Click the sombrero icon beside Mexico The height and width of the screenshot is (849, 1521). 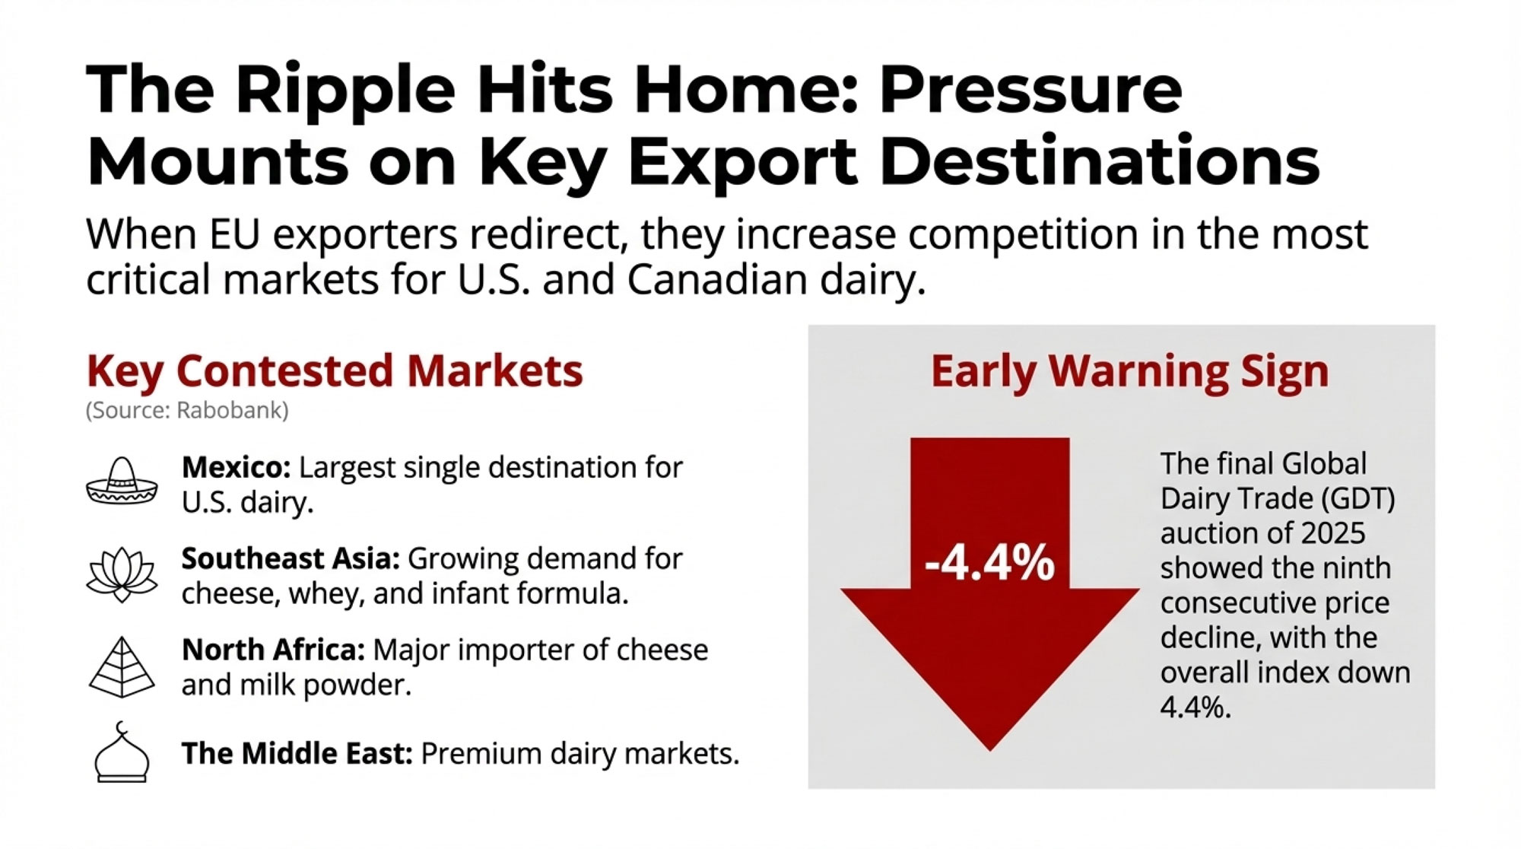pyautogui.click(x=122, y=482)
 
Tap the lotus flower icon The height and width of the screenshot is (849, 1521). pyautogui.click(x=122, y=574)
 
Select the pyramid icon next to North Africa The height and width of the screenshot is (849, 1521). pyautogui.click(x=122, y=667)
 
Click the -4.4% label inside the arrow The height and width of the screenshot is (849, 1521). pyautogui.click(x=989, y=564)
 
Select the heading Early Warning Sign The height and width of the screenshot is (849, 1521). pyautogui.click(x=1129, y=371)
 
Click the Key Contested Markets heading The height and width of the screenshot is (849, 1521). pyautogui.click(x=335, y=371)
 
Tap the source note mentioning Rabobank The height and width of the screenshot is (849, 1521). pyautogui.click(x=187, y=411)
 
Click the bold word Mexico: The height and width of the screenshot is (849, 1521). pyautogui.click(x=236, y=467)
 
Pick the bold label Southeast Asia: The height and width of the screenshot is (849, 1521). pyautogui.click(x=291, y=559)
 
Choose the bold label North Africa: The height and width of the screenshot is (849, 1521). pyautogui.click(x=273, y=650)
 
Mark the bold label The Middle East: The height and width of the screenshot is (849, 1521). pyautogui.click(x=297, y=754)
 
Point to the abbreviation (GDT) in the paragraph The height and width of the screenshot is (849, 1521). pyautogui.click(x=1358, y=499)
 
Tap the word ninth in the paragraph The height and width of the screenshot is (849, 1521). pyautogui.click(x=1354, y=568)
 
